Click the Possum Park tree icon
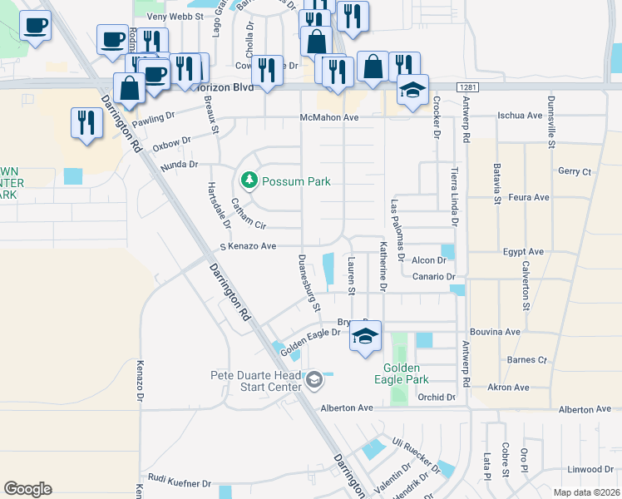tap(248, 180)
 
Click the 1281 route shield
tap(467, 86)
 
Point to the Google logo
tap(27, 488)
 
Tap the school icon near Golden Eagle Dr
tap(365, 337)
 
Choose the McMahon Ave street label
tap(328, 118)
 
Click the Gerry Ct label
tap(574, 171)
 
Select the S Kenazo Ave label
tap(247, 246)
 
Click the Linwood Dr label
tap(589, 469)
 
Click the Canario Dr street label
tap(435, 276)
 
